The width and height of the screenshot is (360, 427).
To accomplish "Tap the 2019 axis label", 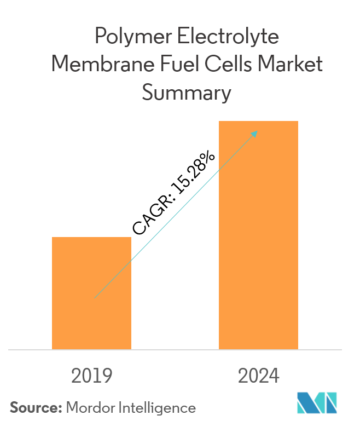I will coord(92,376).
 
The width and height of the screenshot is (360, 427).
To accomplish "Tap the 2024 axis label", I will coord(259,376).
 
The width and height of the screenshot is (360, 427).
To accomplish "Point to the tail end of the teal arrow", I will coord(95,297).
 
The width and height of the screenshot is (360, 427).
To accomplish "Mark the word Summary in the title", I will coord(187,93).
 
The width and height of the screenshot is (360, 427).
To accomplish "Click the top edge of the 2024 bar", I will coord(258,122).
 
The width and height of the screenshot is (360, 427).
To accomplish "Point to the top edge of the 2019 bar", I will coord(91,238).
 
